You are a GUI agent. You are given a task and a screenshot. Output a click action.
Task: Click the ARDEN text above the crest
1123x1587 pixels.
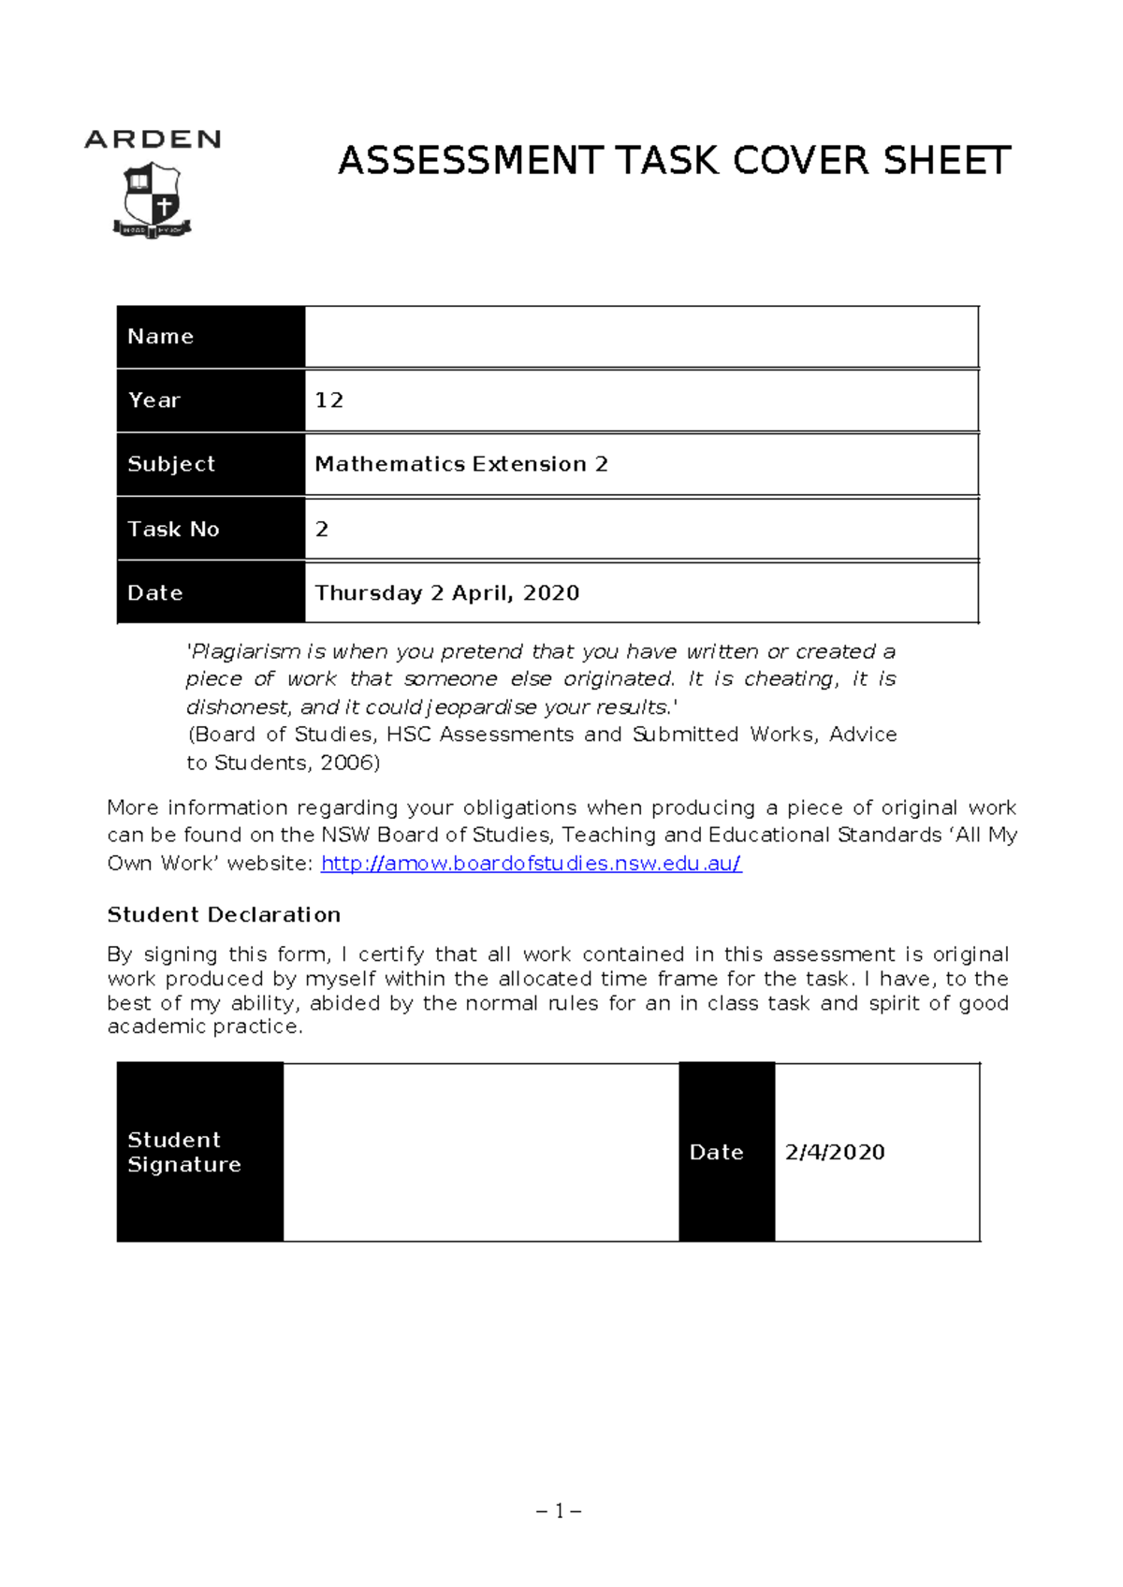153,140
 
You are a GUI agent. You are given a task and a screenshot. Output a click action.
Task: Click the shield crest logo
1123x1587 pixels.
153,199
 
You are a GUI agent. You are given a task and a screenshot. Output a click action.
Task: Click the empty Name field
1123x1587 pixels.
641,337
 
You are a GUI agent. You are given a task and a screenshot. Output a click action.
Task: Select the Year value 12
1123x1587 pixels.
329,400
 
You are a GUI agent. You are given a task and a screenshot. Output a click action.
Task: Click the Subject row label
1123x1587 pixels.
171,464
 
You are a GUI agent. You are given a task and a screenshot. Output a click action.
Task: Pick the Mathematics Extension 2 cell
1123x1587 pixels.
461,464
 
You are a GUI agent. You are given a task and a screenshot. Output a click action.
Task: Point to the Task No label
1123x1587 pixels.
173,529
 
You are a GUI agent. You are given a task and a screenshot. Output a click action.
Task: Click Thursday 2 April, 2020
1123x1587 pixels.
447,593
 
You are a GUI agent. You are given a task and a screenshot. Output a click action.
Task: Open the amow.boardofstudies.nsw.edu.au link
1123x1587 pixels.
532,863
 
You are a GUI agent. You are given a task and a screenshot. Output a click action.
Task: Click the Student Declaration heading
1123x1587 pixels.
224,914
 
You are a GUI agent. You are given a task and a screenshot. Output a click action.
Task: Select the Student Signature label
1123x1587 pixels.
184,1152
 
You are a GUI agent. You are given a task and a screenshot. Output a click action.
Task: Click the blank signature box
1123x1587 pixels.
481,1152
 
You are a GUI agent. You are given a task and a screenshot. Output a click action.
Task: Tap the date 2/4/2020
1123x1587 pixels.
835,1152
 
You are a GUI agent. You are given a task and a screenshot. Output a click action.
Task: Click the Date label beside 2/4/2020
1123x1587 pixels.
716,1152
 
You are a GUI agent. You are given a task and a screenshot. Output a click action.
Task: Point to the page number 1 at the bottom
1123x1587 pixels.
560,1511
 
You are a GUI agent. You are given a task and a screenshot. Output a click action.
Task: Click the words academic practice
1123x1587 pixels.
205,1026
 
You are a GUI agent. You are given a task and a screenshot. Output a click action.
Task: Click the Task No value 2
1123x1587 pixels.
322,530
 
